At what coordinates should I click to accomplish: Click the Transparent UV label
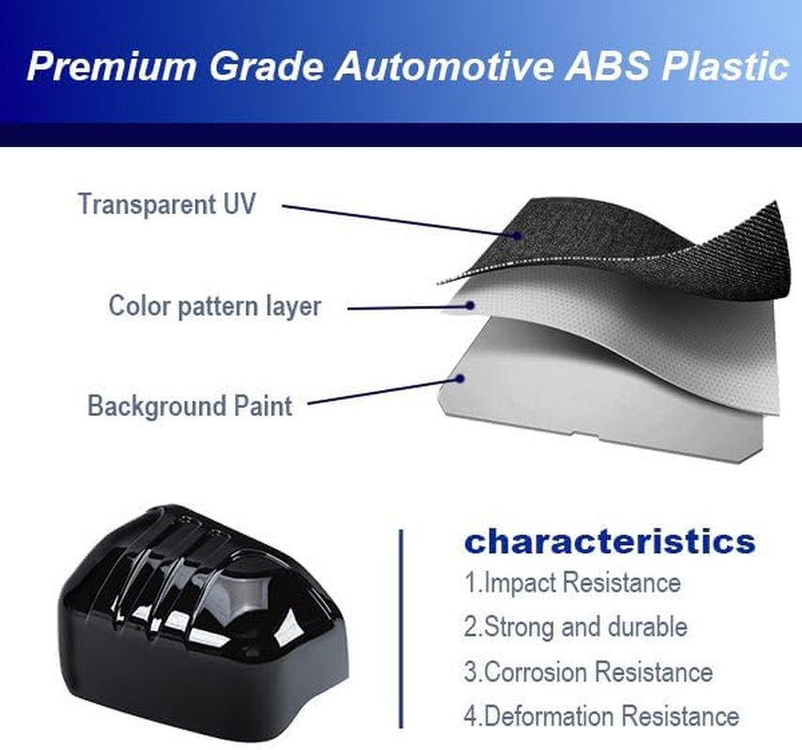pos(166,204)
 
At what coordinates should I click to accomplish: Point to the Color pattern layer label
pos(215,306)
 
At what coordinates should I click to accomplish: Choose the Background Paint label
pos(189,406)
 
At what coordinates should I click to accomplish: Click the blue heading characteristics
pos(610,542)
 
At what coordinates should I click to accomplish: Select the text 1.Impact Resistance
pos(572,582)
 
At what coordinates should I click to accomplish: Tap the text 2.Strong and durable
pos(575,626)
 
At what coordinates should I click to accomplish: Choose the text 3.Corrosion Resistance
pos(588,671)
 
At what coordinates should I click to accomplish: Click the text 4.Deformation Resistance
pos(601,716)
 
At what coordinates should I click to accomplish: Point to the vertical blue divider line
pos(401,628)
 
